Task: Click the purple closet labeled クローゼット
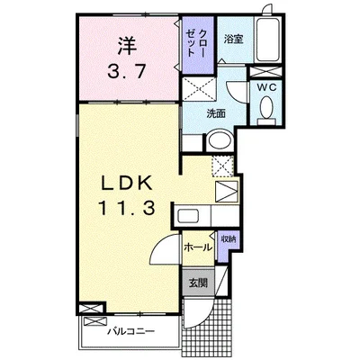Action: point(195,46)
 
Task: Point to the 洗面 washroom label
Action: point(215,113)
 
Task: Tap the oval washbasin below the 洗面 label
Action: point(216,142)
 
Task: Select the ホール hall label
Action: point(198,245)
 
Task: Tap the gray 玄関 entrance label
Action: point(198,282)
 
